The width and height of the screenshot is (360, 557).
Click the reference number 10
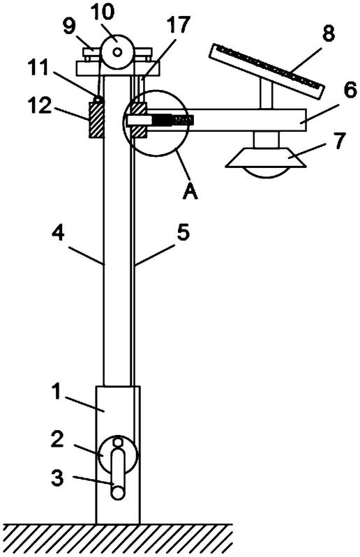click(103, 13)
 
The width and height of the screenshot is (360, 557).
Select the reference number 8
click(328, 33)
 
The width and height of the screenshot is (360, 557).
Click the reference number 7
click(338, 141)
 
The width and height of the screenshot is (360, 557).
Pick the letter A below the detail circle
click(190, 192)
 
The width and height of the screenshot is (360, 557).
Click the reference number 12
click(41, 106)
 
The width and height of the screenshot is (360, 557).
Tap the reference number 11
click(39, 68)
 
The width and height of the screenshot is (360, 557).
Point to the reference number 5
click(183, 233)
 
